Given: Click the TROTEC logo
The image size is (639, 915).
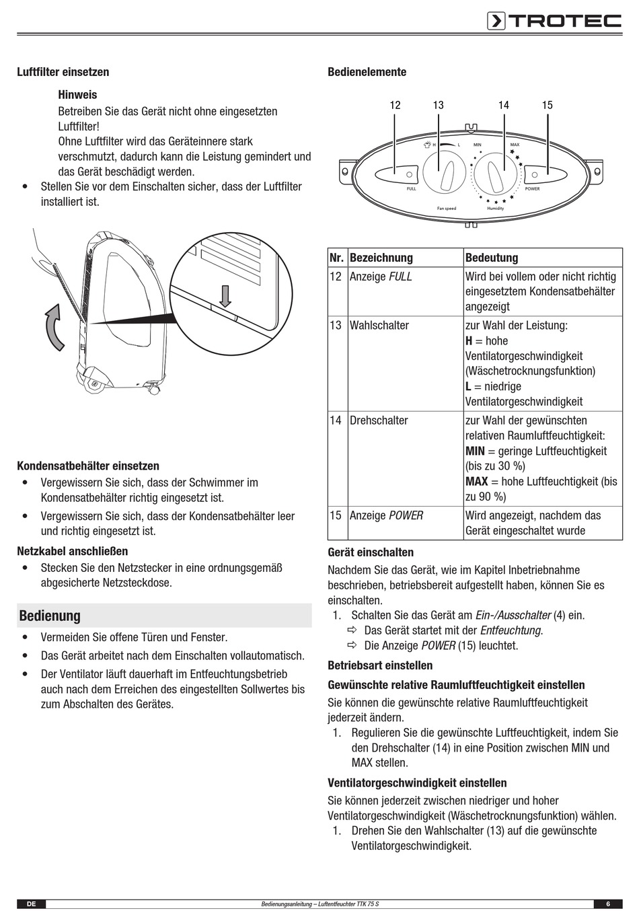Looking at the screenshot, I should click(x=554, y=22).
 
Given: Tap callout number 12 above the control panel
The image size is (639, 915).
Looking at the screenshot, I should click(x=395, y=105).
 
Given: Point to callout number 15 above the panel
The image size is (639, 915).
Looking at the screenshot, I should click(x=547, y=105).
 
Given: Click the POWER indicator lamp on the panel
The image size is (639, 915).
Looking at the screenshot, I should click(x=534, y=175).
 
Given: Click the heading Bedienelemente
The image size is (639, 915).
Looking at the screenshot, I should click(x=367, y=72).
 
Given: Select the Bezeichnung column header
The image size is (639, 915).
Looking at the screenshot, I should click(x=381, y=258).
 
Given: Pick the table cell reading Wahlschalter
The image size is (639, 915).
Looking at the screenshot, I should click(x=379, y=326).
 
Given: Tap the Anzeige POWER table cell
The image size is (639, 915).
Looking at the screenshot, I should click(x=386, y=515).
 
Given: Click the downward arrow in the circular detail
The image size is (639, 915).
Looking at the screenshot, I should click(x=225, y=295).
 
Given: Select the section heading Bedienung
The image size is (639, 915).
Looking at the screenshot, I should click(x=50, y=616).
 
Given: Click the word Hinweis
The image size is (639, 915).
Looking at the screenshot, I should click(x=77, y=95).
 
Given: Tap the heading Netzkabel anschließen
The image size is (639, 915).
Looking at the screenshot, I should click(x=72, y=551).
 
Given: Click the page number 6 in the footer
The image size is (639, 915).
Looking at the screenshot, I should click(x=607, y=904).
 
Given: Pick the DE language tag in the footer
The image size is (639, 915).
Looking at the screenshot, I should click(x=31, y=904).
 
